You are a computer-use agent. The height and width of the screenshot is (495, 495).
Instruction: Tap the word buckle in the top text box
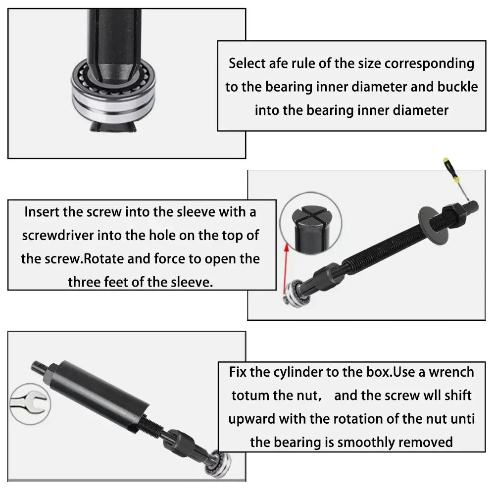(457, 87)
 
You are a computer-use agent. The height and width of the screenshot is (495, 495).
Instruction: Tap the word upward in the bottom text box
(251, 419)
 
